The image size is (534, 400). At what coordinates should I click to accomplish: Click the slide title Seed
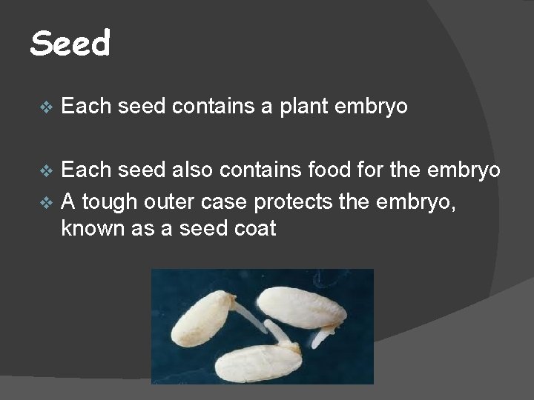point(70,44)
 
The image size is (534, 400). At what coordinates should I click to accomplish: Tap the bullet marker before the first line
point(45,107)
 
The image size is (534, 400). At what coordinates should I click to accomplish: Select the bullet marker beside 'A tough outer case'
point(45,201)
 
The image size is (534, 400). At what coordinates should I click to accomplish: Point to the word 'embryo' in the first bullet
point(372,107)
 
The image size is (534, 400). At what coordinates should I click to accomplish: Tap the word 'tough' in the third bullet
point(107,201)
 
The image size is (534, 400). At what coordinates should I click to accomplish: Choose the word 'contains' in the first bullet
point(214,107)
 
